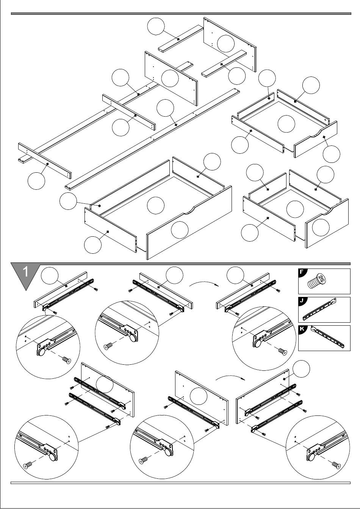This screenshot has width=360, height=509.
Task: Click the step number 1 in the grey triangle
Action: [x=25, y=272]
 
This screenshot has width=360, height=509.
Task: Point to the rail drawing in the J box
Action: [x=320, y=310]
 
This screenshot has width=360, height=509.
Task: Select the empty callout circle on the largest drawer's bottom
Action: [x=155, y=205]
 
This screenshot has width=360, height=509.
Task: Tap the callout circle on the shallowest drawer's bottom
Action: [x=286, y=124]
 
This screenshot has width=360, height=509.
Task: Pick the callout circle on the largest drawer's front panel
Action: [x=180, y=230]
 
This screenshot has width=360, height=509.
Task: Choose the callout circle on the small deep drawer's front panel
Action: [x=321, y=227]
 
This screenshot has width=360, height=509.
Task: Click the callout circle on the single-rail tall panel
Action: [x=199, y=396]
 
